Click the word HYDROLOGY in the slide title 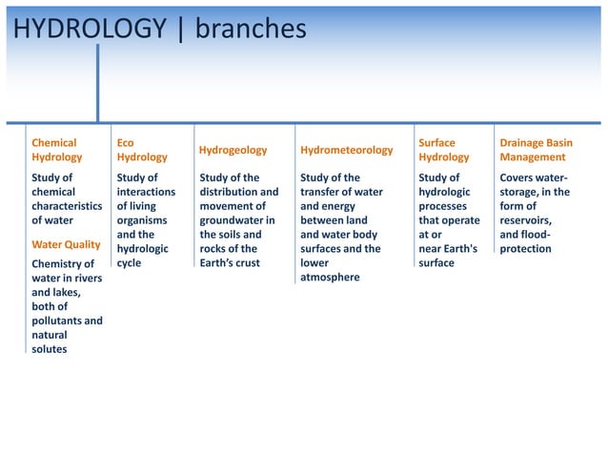point(90,30)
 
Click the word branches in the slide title point(251,30)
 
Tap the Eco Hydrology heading point(141,150)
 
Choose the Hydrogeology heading point(233,150)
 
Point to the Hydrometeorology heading point(346,150)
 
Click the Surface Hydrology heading point(444,150)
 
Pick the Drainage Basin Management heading point(537,150)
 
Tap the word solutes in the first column point(50,349)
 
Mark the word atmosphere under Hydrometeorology point(330,278)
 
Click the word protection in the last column point(525,249)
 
